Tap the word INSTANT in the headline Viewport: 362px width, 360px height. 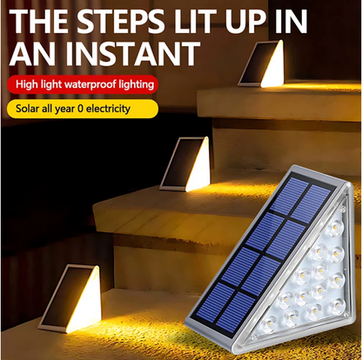[133, 54]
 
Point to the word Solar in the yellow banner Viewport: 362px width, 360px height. [27, 109]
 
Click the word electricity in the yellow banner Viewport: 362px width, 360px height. [108, 109]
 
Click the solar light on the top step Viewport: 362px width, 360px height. [261, 64]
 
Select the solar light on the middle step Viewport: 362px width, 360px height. [185, 164]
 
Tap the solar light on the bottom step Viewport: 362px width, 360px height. [70, 298]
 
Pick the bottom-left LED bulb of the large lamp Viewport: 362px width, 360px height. [268, 323]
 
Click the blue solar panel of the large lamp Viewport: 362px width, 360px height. [264, 256]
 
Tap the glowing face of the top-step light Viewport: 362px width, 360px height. [272, 66]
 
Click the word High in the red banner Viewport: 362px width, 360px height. [27, 84]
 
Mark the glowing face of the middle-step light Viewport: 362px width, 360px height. [198, 167]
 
